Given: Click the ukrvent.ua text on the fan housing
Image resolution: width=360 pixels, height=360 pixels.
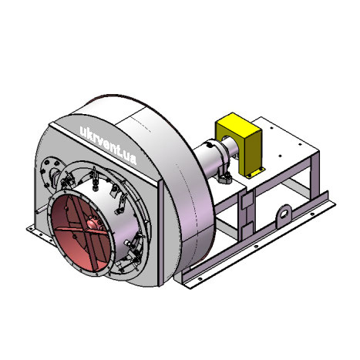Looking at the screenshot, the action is coord(108,146).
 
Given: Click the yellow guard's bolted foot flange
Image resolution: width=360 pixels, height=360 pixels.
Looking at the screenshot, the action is coord(256,173).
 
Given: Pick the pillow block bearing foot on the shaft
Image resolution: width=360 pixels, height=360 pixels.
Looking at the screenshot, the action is coord(224,177).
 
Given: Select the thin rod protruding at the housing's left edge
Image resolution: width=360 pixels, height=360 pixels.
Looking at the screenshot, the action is coord(41,210).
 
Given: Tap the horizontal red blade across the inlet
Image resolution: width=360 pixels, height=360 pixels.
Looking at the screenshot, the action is coord(82,230).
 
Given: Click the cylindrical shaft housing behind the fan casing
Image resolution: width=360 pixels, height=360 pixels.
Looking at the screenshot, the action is coord(210,160).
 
